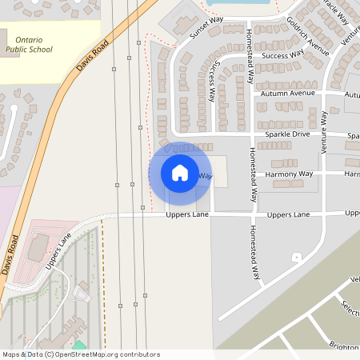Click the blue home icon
[180, 173]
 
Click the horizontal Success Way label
[283, 55]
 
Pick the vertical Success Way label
[213, 82]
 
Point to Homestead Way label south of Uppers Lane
[255, 251]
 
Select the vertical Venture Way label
[325, 133]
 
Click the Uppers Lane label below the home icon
[186, 215]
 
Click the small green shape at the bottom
[78, 346]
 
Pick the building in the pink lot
[38, 248]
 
